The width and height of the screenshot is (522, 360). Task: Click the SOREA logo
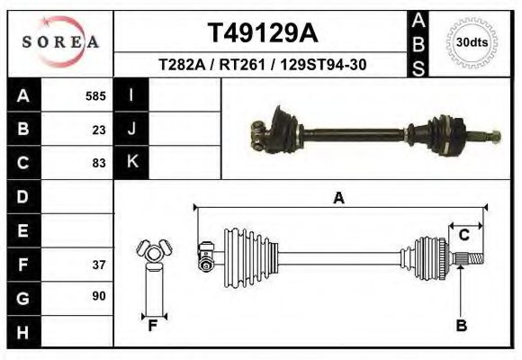point(60,42)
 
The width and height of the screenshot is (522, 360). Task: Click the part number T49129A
point(261,33)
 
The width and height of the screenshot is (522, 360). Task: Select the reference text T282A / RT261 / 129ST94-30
point(261,65)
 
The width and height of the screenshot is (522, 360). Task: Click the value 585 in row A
point(95,95)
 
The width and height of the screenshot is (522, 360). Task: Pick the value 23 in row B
point(99,129)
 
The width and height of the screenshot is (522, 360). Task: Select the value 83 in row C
point(99,163)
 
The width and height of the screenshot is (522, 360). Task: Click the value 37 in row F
point(99,265)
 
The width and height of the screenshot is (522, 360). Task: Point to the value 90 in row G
point(99,296)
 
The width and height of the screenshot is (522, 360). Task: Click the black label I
point(131,95)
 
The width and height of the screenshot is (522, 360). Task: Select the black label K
point(131,163)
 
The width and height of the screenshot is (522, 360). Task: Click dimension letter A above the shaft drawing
point(339,198)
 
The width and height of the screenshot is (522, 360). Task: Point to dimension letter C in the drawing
point(463,235)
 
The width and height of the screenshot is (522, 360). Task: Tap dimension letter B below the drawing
point(461,326)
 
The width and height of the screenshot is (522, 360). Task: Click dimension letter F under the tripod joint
point(154,326)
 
